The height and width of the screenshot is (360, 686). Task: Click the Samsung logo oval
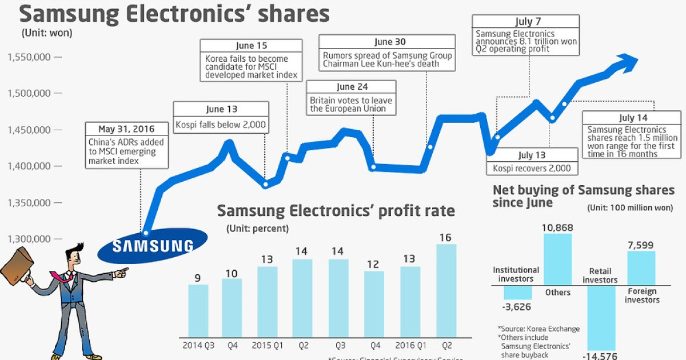(153, 245)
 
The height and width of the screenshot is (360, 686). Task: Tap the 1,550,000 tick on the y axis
(58, 57)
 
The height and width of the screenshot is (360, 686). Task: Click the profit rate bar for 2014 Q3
(198, 310)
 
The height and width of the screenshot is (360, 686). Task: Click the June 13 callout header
(221, 109)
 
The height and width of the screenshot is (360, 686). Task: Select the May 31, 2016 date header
(126, 128)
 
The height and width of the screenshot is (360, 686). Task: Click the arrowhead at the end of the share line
(629, 61)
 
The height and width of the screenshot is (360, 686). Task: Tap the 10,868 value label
(557, 227)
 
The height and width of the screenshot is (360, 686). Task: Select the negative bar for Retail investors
(601, 318)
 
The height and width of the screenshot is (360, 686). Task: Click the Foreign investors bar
(641, 267)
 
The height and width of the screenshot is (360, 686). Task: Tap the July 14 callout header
(633, 118)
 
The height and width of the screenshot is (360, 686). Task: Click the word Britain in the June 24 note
(322, 100)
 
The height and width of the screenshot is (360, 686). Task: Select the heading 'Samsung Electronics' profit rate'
(336, 211)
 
